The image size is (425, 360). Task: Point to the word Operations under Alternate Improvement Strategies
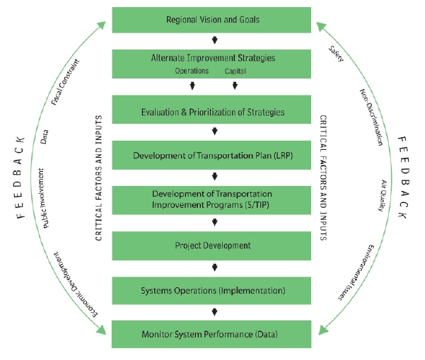pyautogui.click(x=192, y=71)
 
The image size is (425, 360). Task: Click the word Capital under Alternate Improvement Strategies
pyautogui.click(x=235, y=71)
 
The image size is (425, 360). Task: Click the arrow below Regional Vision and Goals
pyautogui.click(x=214, y=41)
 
